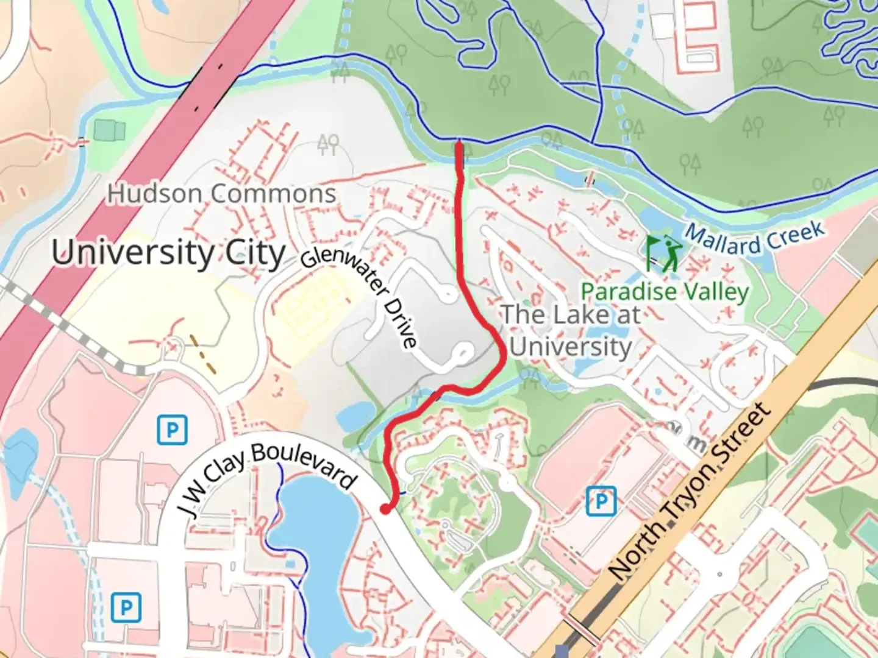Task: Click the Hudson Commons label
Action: [221, 194]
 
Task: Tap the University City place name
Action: [168, 253]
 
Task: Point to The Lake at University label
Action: [571, 331]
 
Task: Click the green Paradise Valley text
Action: [665, 292]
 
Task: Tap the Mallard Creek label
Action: [754, 239]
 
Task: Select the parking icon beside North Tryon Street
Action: [601, 501]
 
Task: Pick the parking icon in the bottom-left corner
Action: [126, 607]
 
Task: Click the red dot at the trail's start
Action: [385, 509]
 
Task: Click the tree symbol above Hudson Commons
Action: [328, 144]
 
